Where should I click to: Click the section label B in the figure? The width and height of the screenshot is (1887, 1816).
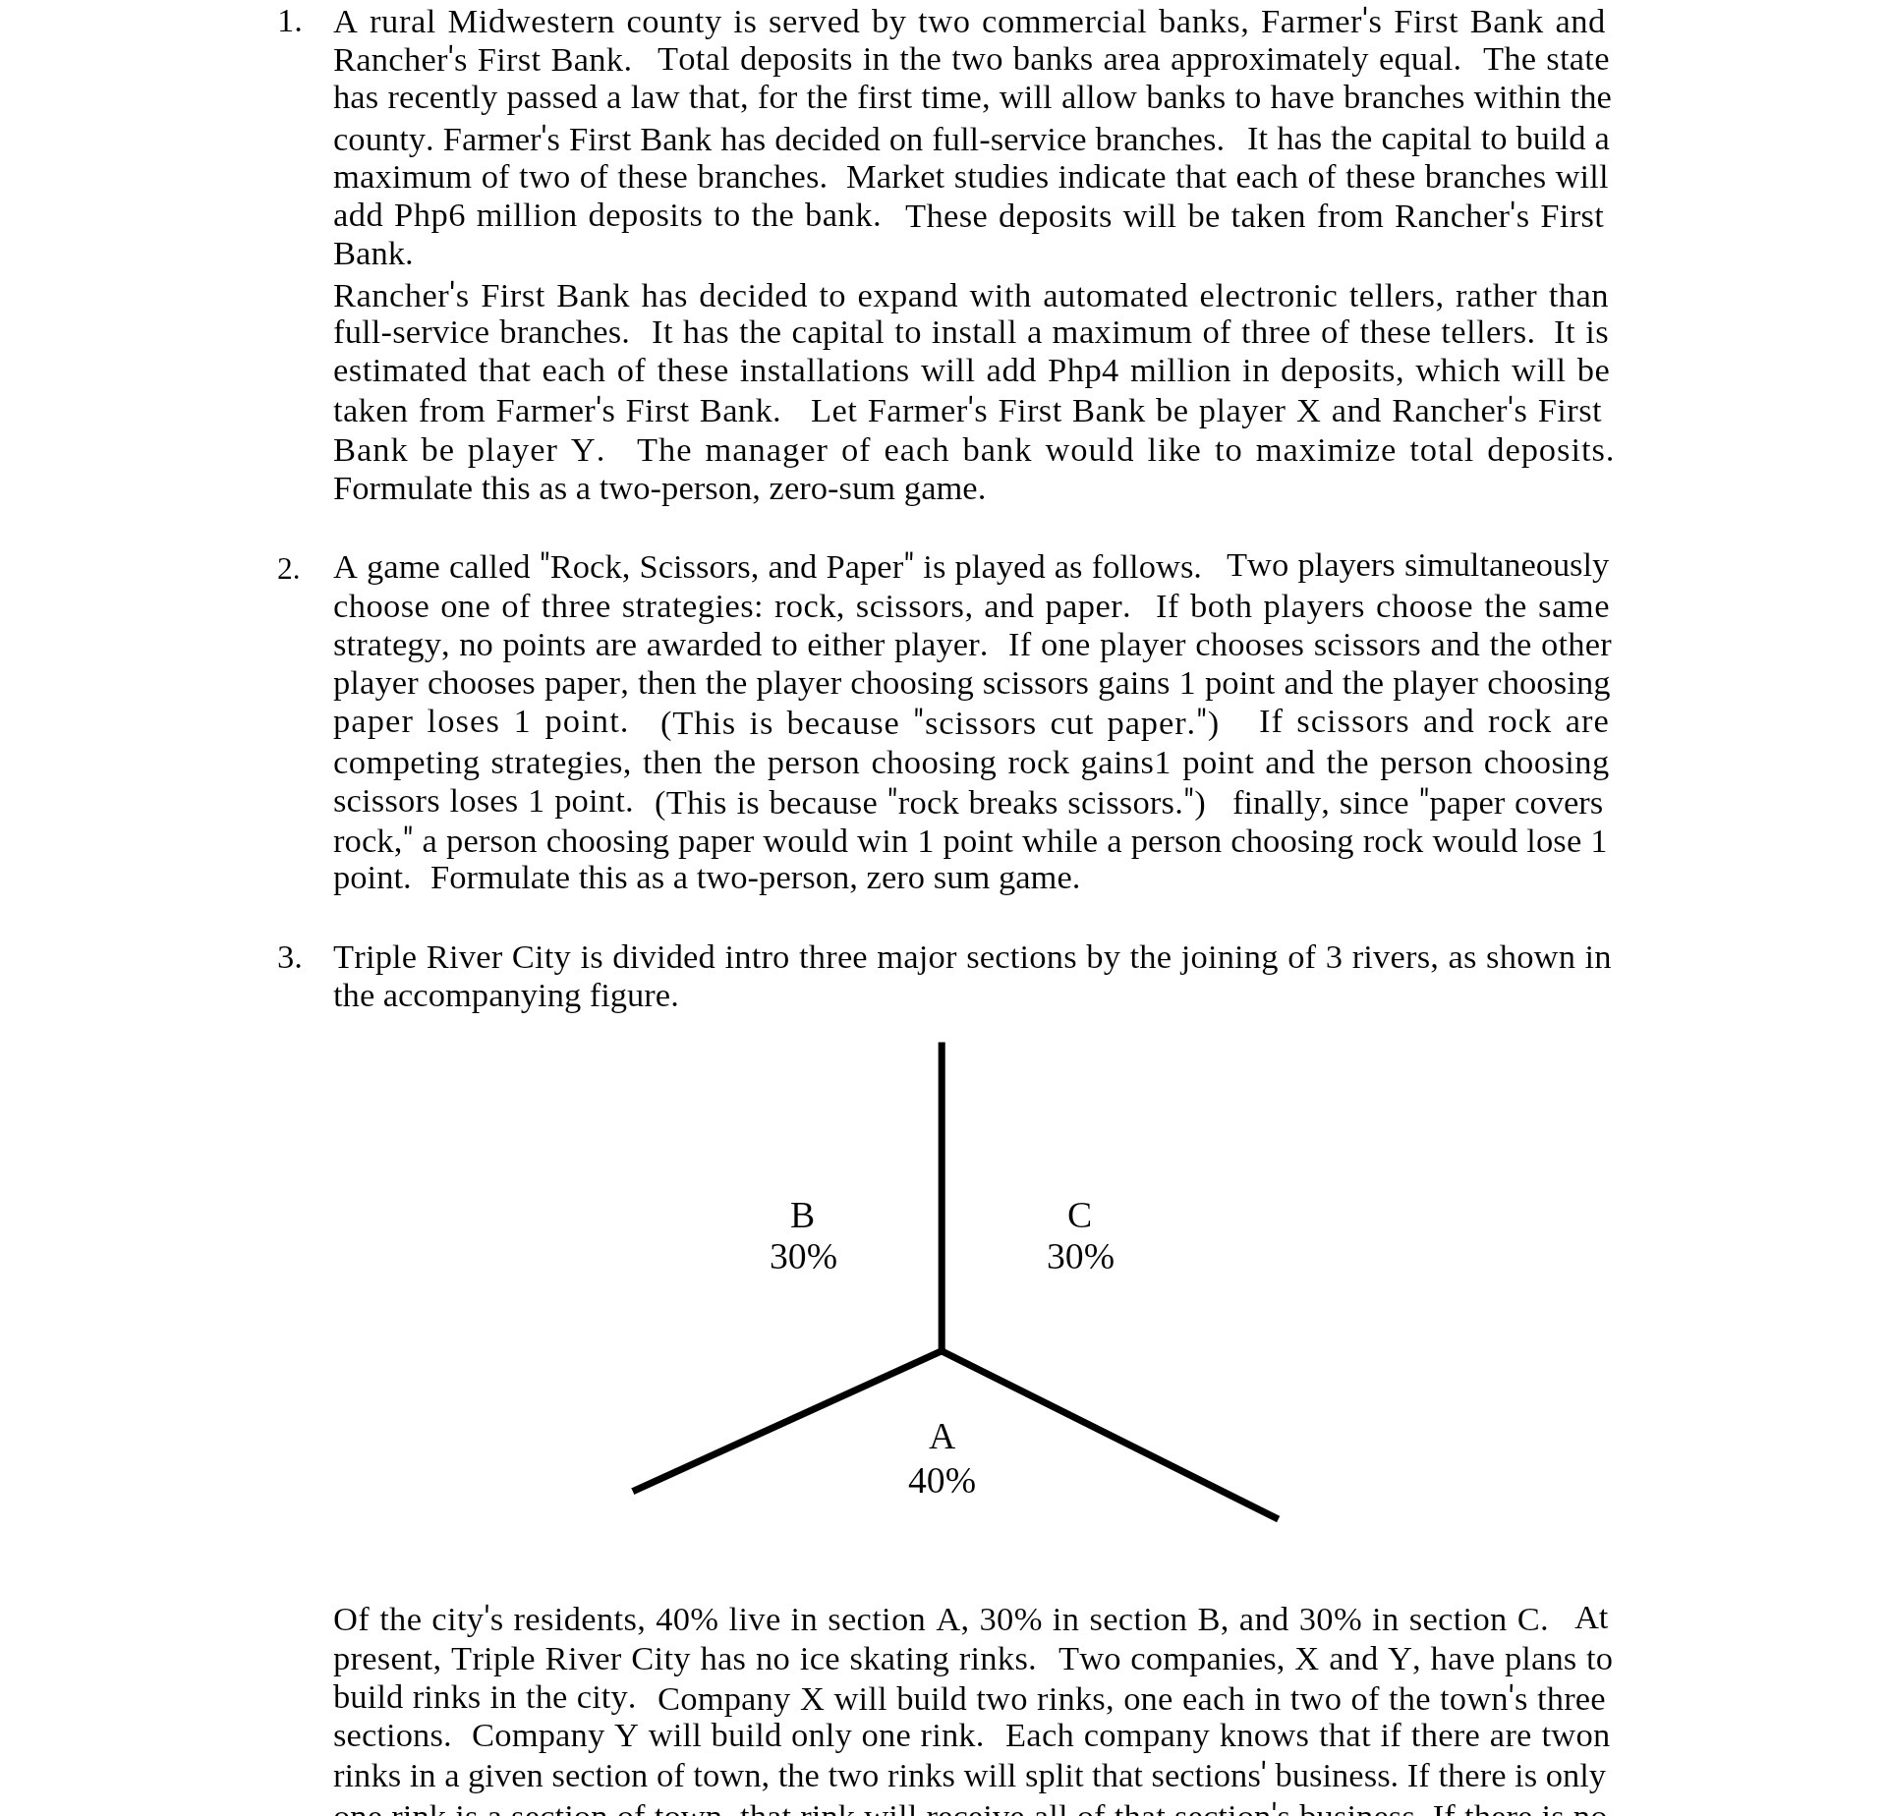pos(802,1216)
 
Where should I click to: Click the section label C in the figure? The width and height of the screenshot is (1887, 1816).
pos(1079,1216)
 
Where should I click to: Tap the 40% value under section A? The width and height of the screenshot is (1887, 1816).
pos(942,1481)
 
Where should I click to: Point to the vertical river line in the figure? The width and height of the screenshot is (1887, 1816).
pos(942,1179)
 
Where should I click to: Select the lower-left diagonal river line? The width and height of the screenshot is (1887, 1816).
pos(786,1422)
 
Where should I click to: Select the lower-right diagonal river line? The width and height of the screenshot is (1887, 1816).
pos(1111,1436)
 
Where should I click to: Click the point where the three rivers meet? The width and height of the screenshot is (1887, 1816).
pos(942,1352)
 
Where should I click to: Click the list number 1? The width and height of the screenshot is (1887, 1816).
pos(289,22)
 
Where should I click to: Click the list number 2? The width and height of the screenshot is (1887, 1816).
pos(288,569)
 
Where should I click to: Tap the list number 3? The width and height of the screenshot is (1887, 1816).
pos(289,957)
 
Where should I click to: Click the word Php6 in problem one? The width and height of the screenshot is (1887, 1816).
pos(429,215)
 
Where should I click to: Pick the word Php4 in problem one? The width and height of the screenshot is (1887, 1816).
pos(1083,370)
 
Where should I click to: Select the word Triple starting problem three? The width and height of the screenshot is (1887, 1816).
pos(374,957)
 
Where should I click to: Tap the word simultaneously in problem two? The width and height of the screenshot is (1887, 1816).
pos(1506,566)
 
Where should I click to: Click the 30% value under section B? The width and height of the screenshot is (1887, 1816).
pos(803,1257)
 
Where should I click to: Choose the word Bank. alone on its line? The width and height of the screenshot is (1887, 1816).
pos(372,254)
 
